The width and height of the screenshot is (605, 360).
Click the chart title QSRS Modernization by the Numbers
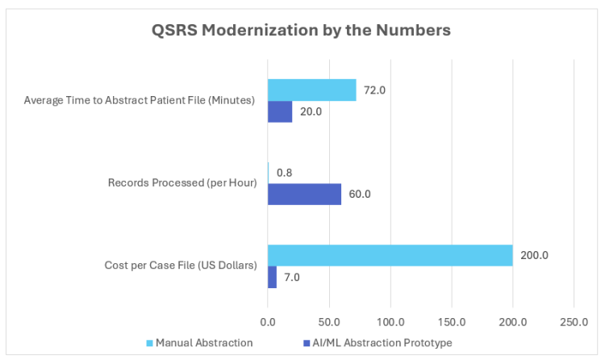(x=302, y=30)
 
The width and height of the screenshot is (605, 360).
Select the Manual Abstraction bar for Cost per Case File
(x=390, y=255)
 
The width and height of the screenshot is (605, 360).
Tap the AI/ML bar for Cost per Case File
(x=272, y=277)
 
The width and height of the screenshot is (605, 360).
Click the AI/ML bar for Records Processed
(x=304, y=195)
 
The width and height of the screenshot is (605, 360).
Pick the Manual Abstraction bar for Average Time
(x=311, y=90)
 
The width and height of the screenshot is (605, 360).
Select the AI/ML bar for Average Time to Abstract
(x=280, y=111)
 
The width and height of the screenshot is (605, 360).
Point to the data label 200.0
(x=534, y=255)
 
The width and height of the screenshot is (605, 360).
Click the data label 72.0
(x=375, y=90)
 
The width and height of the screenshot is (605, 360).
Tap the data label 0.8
(x=284, y=173)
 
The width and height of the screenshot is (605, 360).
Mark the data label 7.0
(x=292, y=277)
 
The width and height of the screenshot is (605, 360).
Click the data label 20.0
(x=311, y=111)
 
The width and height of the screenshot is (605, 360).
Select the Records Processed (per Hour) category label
(x=181, y=183)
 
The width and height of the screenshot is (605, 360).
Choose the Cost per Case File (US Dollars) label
(x=180, y=266)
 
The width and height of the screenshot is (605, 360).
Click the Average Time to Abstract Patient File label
(x=139, y=101)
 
